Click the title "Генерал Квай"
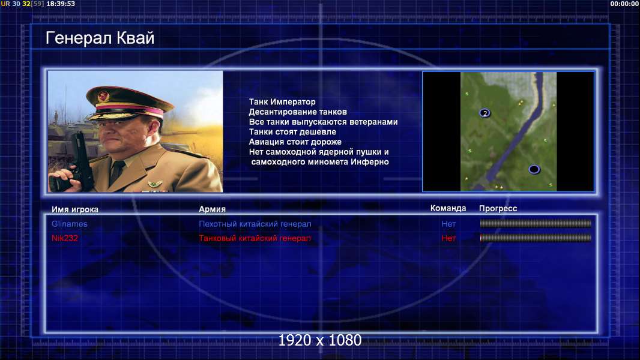click(x=100, y=38)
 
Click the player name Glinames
click(x=70, y=224)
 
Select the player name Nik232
click(x=64, y=238)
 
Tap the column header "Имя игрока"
click(x=74, y=209)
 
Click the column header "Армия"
click(x=213, y=209)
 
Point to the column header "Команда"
click(x=448, y=208)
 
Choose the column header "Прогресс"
click(x=498, y=209)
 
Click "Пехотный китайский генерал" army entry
click(x=255, y=224)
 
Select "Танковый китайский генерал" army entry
click(x=255, y=238)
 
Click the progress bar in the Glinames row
click(x=536, y=223)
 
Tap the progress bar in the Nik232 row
click(x=536, y=238)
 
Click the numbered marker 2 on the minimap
click(x=485, y=113)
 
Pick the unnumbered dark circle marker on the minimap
click(x=534, y=169)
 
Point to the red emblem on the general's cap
click(x=103, y=96)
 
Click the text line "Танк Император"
click(x=282, y=102)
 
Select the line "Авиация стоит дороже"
click(x=295, y=142)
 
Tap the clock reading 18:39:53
click(x=61, y=4)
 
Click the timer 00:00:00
click(x=624, y=4)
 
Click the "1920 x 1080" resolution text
click(x=320, y=340)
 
